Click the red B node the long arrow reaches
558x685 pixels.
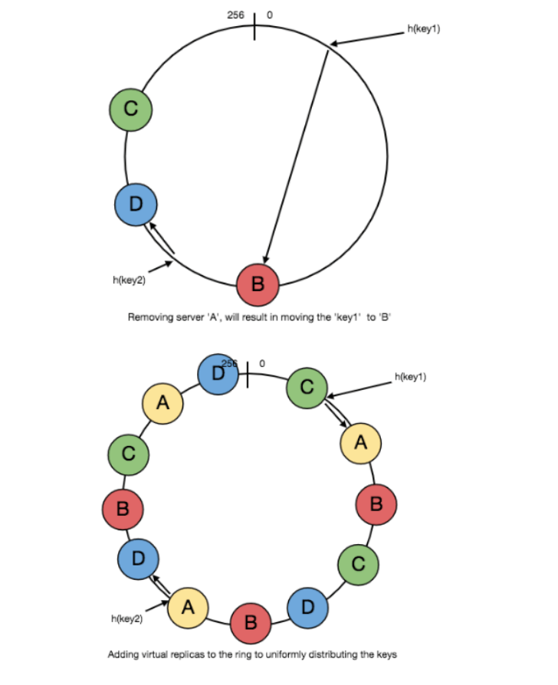click(x=258, y=284)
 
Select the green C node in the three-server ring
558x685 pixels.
click(x=130, y=109)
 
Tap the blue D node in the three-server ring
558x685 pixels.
click(x=136, y=205)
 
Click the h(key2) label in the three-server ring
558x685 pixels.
click(x=130, y=280)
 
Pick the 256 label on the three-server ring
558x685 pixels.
click(x=236, y=15)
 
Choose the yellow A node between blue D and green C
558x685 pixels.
click(x=162, y=403)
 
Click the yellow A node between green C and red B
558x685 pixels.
click(x=361, y=442)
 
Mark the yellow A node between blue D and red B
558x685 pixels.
click(x=189, y=608)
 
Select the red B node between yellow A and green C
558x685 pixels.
click(x=376, y=503)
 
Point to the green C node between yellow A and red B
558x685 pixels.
click(x=129, y=453)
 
